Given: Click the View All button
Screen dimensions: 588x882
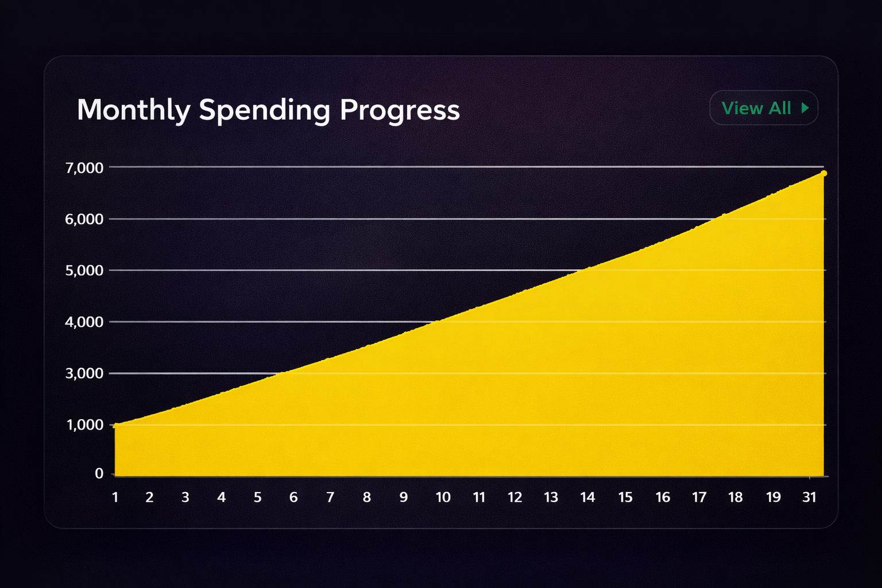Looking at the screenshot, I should coord(763,108).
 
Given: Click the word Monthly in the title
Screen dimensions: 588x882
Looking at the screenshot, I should coord(133,110).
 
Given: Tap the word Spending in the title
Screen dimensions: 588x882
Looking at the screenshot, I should coord(264,110).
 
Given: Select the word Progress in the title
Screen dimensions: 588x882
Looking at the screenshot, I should coord(400,110).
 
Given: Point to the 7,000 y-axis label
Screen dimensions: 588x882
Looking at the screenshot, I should coord(84,168).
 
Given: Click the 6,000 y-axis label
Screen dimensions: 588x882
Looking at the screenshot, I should coord(84,219).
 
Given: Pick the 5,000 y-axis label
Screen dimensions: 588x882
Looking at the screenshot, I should coord(84,270).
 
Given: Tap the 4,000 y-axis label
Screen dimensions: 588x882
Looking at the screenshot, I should coord(84,322).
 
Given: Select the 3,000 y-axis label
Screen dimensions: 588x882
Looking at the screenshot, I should coord(84,374).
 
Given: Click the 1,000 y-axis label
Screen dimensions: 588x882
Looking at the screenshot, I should coord(85,425).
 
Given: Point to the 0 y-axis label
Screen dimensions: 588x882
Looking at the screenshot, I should coord(99,474).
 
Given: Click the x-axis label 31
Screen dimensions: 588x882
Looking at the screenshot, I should coord(809,497).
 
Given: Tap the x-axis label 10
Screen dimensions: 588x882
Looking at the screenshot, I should coord(443,497).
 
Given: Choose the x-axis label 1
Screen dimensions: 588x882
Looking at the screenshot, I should coord(115,497).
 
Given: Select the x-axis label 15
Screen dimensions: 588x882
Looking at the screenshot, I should coord(625,497).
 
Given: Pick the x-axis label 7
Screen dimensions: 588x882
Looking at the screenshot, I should coord(330,497).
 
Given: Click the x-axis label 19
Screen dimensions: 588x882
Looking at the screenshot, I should coord(773,497).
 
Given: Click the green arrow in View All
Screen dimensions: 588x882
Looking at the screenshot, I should coord(805,108).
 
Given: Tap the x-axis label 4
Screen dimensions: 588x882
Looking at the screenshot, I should coord(222,497).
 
